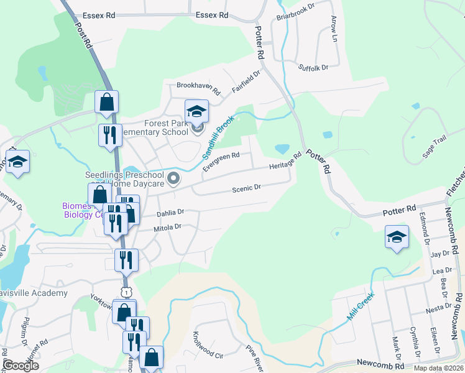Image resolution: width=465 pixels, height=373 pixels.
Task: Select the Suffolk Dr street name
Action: [313, 68]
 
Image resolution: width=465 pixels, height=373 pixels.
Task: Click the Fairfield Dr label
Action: [246, 81]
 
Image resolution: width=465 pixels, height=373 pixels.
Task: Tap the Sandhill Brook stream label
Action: [218, 136]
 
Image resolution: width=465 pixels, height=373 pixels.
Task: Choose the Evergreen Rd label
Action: [221, 156]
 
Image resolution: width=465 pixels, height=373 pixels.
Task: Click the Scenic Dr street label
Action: [246, 188]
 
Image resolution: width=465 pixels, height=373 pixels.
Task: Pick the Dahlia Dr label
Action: [171, 213]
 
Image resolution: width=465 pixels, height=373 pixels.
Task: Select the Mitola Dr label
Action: [168, 227]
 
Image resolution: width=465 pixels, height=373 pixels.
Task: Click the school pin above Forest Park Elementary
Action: [197, 111]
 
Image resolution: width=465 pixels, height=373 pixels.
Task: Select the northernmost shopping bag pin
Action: [107, 102]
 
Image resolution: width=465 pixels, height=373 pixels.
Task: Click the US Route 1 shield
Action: [126, 291]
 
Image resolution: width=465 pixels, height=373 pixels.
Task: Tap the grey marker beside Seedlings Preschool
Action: [174, 180]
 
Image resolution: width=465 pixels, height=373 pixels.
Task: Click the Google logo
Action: [20, 366]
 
